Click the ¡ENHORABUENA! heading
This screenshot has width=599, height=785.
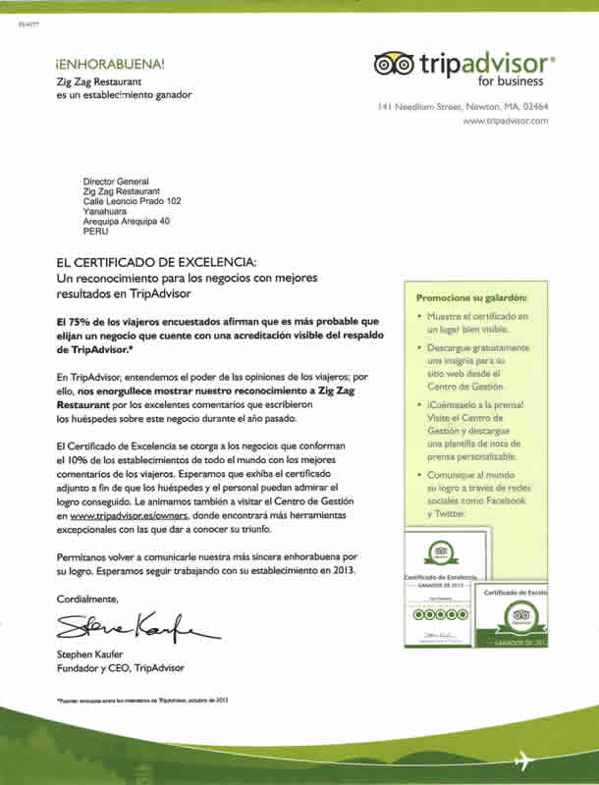(x=111, y=64)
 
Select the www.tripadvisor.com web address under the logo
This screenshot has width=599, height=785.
(x=505, y=121)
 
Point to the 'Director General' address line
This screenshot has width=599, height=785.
(x=116, y=182)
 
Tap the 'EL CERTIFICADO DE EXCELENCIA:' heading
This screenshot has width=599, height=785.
(x=157, y=262)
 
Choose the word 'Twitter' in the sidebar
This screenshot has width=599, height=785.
(x=448, y=513)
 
